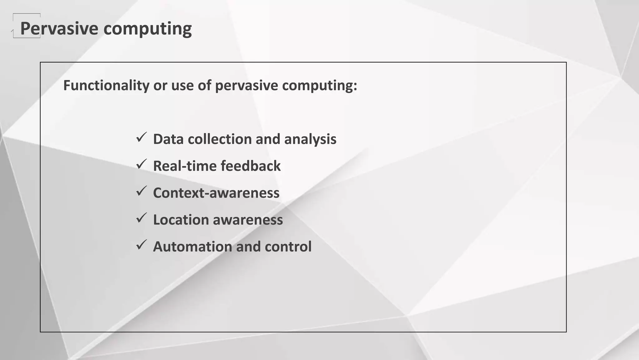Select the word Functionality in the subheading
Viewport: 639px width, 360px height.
point(106,85)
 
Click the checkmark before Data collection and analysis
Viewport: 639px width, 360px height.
point(141,137)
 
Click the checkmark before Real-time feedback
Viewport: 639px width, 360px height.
point(141,164)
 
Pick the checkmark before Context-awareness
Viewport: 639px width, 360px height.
point(141,191)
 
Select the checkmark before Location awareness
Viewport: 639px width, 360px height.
point(141,218)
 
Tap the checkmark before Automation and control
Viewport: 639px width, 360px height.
point(141,245)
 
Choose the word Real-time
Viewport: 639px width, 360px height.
point(184,166)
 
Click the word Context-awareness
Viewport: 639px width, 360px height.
point(216,193)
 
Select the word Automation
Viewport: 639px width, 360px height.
point(192,247)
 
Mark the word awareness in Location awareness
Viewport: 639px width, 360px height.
point(248,220)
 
